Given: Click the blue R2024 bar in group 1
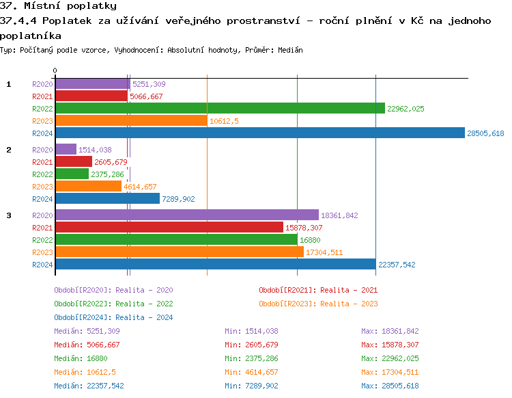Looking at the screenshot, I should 259,133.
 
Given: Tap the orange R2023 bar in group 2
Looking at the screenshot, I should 88,187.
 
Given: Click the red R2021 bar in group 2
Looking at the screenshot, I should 73,162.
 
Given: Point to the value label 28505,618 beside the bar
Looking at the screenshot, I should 485,133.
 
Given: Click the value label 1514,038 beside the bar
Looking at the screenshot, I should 95,150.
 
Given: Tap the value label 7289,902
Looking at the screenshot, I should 179,199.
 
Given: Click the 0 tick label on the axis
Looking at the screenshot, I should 55,70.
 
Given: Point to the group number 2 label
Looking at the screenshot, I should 9,150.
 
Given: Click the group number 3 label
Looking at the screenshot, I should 9,215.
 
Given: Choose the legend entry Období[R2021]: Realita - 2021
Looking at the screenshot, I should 318,290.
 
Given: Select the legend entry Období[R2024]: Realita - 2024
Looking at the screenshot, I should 113,317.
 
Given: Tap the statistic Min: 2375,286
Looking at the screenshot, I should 251,358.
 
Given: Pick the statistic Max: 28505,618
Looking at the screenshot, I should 390,386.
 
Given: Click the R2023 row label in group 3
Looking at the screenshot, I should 42,252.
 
